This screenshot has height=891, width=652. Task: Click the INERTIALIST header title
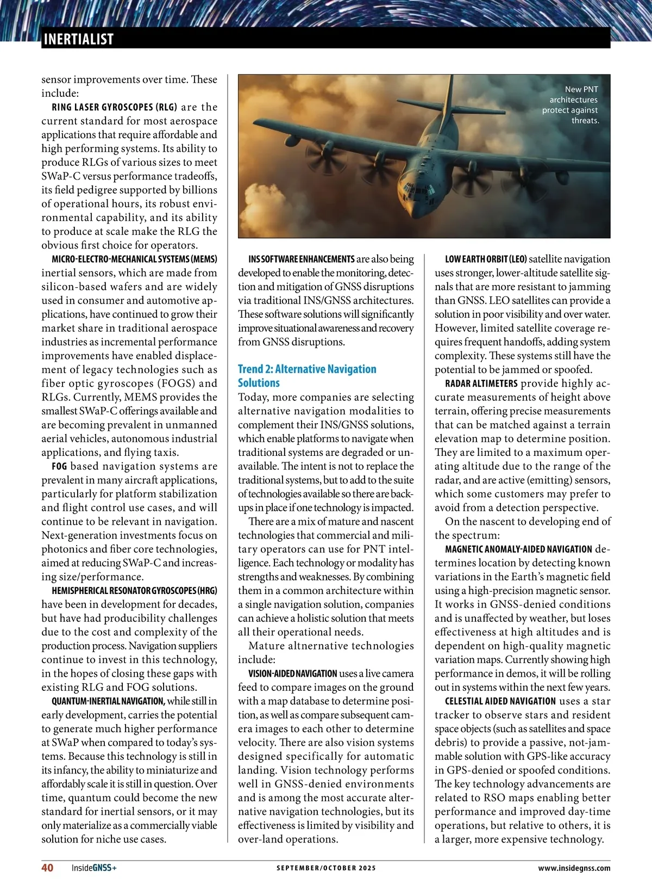[x=78, y=39]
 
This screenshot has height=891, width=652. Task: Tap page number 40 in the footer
[x=47, y=868]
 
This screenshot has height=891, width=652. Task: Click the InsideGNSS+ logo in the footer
[x=94, y=868]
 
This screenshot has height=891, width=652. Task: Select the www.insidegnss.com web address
[x=574, y=868]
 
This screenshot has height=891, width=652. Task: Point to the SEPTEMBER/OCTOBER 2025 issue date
[x=326, y=868]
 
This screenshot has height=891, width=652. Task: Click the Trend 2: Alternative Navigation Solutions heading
[x=306, y=376]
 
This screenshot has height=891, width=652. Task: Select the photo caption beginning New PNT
[x=571, y=104]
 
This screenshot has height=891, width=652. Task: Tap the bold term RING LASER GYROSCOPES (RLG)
[x=115, y=107]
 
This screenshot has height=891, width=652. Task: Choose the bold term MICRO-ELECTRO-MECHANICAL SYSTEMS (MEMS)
[x=134, y=259]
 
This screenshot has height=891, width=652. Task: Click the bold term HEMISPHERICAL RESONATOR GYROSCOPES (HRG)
[x=134, y=590]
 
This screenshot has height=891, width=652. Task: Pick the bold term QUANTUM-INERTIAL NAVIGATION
[x=108, y=701]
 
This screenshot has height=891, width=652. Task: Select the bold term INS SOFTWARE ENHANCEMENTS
[x=301, y=259]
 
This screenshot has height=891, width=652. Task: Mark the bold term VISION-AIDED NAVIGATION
[x=292, y=673]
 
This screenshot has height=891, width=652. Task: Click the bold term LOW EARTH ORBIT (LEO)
[x=486, y=259]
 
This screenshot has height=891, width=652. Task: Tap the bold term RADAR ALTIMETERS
[x=481, y=383]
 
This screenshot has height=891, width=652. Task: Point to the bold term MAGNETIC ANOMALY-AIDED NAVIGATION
[x=518, y=549]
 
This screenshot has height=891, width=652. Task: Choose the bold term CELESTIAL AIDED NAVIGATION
[x=500, y=701]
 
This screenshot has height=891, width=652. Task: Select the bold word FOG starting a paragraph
[x=59, y=466]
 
